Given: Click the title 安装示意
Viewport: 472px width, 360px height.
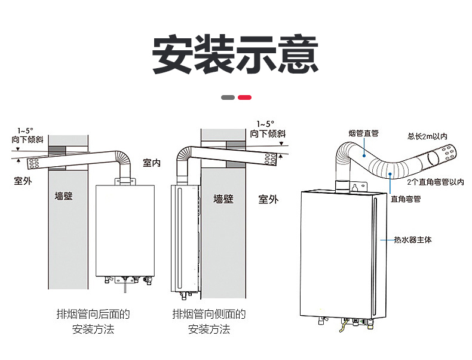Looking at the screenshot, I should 235,55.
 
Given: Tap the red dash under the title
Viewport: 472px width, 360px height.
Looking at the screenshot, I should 244,97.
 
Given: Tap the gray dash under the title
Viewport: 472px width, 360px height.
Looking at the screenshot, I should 228,97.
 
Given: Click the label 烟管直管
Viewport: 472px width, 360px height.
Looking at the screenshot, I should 363,133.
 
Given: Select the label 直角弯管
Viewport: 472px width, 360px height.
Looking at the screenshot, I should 406,199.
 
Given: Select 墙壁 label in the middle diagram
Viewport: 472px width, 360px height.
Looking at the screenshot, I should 223,199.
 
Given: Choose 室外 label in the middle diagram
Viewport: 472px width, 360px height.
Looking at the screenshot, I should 268,199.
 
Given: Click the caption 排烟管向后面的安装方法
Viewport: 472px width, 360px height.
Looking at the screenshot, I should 93,322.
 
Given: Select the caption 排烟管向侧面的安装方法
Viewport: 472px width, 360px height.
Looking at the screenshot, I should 209,322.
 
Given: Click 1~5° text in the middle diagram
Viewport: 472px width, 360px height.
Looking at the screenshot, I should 265,124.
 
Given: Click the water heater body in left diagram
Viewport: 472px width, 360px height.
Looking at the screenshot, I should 125,230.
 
